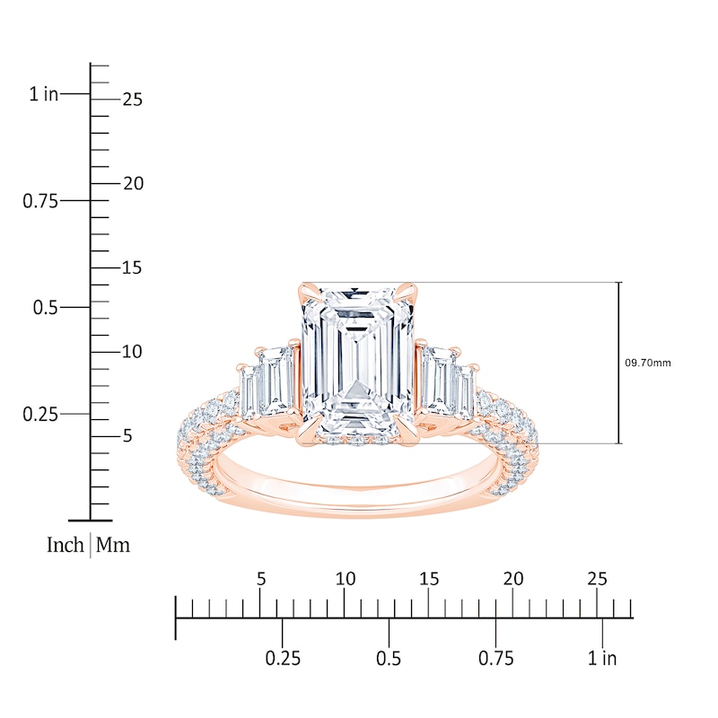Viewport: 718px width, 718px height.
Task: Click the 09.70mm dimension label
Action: click(647, 363)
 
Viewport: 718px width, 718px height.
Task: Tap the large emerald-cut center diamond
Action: click(358, 362)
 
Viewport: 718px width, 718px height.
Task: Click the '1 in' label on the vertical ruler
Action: click(44, 94)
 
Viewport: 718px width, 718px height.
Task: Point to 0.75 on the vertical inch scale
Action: click(40, 200)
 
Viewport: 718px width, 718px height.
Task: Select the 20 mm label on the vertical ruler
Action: click(133, 184)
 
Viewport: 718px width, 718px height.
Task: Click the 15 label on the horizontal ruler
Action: click(429, 579)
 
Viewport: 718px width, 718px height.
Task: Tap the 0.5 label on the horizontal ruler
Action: click(389, 659)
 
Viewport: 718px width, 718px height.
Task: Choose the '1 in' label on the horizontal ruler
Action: click(602, 659)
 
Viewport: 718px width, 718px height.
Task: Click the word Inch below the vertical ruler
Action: click(65, 545)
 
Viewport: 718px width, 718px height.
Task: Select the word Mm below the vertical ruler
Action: click(113, 545)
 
